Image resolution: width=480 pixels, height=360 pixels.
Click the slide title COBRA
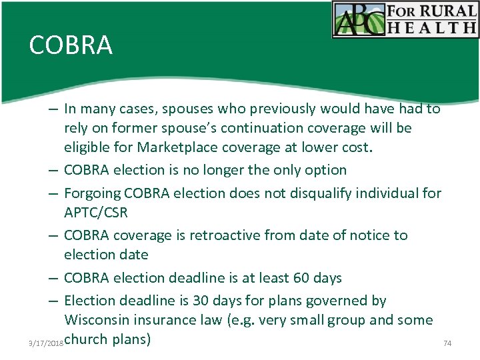71,45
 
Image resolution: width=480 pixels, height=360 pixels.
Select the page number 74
447,343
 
